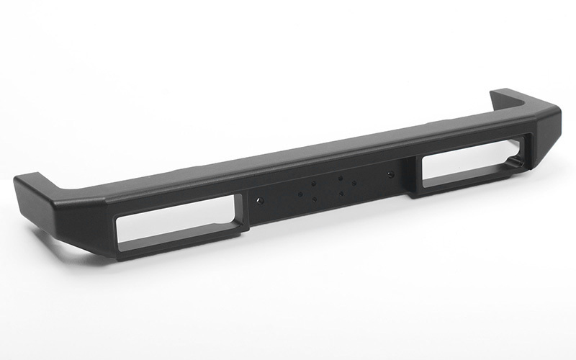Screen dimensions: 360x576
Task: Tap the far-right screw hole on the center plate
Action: [x=390, y=174]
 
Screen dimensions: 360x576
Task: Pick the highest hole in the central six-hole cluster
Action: [x=340, y=176]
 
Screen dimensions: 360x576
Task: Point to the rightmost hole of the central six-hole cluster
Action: [x=354, y=182]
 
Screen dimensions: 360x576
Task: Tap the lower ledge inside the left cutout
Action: [x=180, y=238]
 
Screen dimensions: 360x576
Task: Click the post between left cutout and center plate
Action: [x=242, y=212]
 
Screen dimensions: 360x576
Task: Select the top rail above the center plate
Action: [x=324, y=155]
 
